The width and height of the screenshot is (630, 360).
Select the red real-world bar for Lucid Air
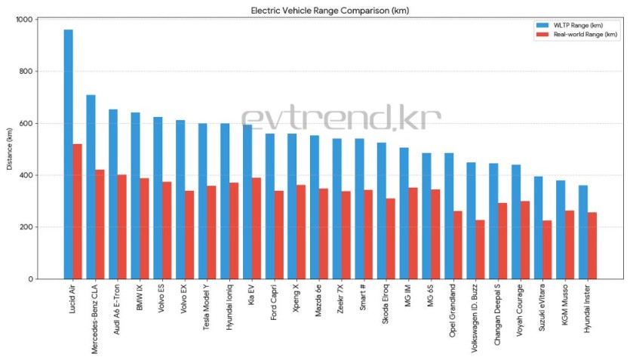77,211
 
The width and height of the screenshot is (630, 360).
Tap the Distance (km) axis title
10,149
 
